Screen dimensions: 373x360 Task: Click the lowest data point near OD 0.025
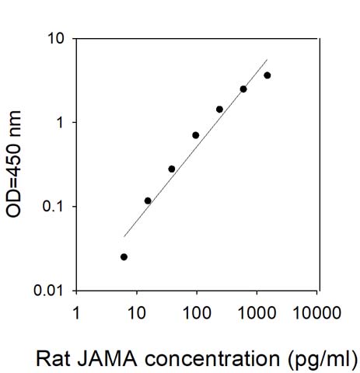click(x=124, y=256)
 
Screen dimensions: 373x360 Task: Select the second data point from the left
click(x=148, y=200)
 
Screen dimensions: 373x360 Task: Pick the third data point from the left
click(x=171, y=169)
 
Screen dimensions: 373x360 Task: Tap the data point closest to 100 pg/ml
click(x=195, y=135)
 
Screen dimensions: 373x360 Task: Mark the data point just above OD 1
click(x=219, y=110)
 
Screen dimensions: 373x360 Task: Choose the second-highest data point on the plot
click(x=243, y=89)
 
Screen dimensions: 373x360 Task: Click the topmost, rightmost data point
click(x=267, y=75)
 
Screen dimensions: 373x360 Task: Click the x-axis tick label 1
click(x=76, y=312)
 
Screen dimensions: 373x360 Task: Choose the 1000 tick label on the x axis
click(x=256, y=312)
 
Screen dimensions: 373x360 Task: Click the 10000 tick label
click(x=316, y=312)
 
